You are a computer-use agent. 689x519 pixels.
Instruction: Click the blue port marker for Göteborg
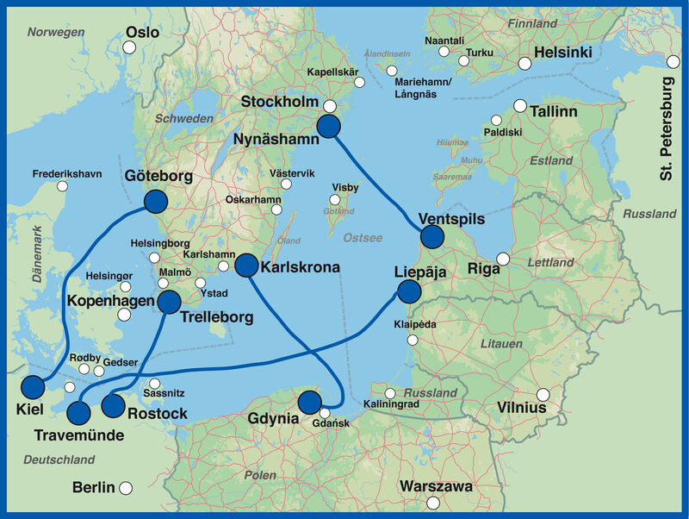click(x=155, y=202)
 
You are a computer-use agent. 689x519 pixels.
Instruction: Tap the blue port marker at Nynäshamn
click(x=329, y=127)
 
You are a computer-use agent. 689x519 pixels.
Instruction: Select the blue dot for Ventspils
click(x=431, y=237)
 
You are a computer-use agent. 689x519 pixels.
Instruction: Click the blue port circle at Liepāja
click(x=409, y=291)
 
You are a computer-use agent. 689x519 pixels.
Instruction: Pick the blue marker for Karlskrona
click(x=247, y=266)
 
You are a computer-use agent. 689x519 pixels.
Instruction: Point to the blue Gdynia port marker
click(x=308, y=401)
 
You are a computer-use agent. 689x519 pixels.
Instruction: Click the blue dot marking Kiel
click(x=33, y=388)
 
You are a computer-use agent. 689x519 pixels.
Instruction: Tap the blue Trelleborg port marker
click(x=169, y=302)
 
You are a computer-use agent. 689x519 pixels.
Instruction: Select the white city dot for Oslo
click(x=128, y=47)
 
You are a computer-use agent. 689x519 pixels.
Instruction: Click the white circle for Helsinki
click(x=524, y=63)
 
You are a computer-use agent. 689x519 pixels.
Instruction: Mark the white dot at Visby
click(x=335, y=200)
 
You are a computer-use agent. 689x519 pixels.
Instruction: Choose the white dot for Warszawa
click(x=433, y=503)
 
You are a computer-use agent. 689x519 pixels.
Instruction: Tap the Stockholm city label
click(x=280, y=103)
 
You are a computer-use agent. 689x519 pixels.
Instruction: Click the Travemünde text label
click(x=79, y=435)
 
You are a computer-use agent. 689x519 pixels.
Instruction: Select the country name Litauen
click(x=500, y=343)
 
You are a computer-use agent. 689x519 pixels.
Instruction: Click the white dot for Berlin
click(x=126, y=488)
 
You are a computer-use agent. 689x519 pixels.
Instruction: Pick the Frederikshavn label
click(x=67, y=174)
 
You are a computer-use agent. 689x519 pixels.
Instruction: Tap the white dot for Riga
click(x=503, y=259)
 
